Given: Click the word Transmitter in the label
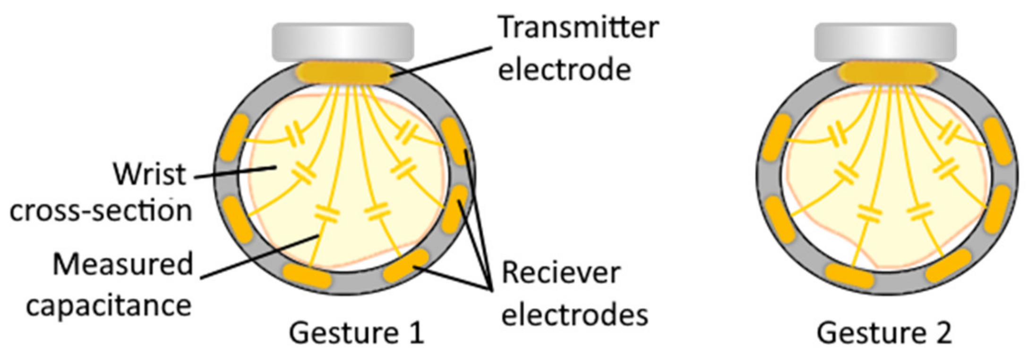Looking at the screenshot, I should (578, 27).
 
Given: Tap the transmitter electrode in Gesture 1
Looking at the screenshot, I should (344, 74).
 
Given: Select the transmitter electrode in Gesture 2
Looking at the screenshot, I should (887, 74).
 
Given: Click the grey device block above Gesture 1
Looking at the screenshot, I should (343, 42).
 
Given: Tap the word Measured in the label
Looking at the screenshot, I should (123, 264).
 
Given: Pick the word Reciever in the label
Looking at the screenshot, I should (561, 273).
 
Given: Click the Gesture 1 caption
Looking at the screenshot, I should (356, 333).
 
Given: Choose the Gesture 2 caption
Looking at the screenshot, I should (884, 333).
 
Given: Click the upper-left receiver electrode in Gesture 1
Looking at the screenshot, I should (234, 137).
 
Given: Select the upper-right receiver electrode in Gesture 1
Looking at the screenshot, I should (454, 141).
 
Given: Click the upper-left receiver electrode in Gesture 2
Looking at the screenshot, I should (777, 137).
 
